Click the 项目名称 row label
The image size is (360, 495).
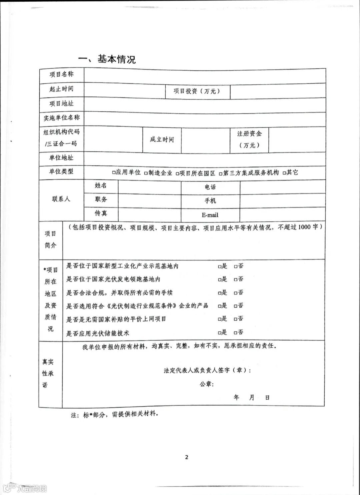[x=61, y=74]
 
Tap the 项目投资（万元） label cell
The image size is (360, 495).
[x=197, y=91]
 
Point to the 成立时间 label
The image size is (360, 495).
[x=162, y=139]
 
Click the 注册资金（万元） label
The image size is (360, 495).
[x=249, y=139]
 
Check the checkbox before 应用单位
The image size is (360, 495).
[x=114, y=173]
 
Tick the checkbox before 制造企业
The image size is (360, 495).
[x=146, y=173]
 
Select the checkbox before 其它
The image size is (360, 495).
[x=284, y=173]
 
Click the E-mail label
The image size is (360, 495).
[x=210, y=215]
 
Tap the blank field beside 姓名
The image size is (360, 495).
[x=149, y=187]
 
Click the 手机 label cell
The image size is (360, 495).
[x=210, y=201]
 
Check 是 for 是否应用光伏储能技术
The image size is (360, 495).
[x=220, y=333]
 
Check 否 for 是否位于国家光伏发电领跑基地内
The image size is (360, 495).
[x=236, y=280]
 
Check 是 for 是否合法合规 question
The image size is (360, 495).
[x=220, y=293]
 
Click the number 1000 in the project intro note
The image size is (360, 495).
[x=304, y=227]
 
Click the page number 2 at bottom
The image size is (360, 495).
[x=187, y=457]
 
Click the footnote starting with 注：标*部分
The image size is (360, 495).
[x=114, y=415]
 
